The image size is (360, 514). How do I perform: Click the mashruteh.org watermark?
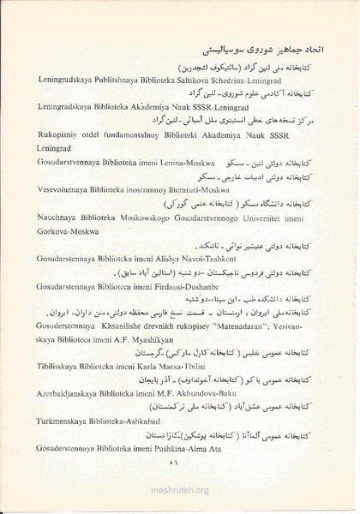pos(179,493)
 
